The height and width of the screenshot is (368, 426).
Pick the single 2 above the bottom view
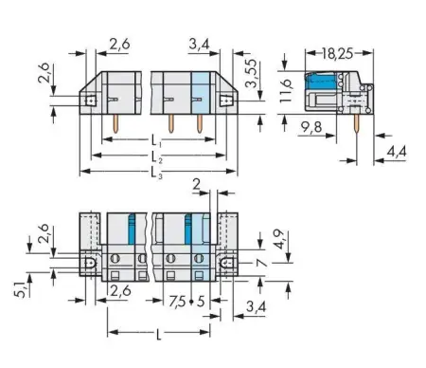coord(197,186)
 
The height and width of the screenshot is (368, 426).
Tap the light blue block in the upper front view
coord(200,92)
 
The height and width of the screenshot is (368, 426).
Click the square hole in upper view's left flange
coord(91,98)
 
